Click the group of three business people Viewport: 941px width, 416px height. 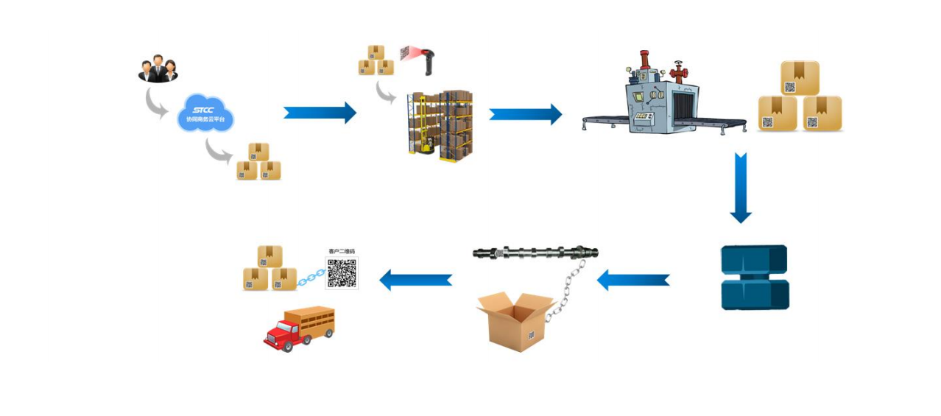tap(158, 68)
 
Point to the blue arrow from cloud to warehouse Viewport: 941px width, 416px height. tap(320, 113)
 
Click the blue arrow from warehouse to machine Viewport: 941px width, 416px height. tap(525, 114)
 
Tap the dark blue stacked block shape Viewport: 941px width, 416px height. tap(754, 277)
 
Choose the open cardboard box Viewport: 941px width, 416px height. tap(515, 320)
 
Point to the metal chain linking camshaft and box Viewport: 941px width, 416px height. tap(567, 291)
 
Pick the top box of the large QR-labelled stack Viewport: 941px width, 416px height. tap(799, 78)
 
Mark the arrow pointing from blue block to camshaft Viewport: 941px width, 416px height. tap(633, 281)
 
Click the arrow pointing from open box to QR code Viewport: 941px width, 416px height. tap(415, 280)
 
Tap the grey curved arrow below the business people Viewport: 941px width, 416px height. tap(157, 103)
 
